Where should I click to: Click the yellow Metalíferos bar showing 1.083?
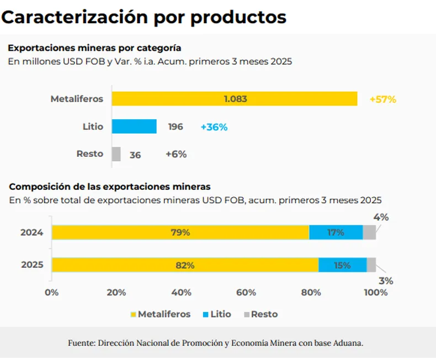(x=235, y=99)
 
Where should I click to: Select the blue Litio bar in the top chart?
(x=134, y=126)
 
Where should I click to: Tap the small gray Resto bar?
(x=116, y=154)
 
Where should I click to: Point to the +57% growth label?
(x=383, y=99)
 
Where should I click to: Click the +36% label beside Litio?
(x=214, y=127)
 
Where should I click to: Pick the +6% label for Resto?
(x=176, y=155)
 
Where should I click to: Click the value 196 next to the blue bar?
(x=175, y=127)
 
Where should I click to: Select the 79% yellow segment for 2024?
(x=180, y=232)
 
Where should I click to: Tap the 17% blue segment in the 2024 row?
(x=336, y=232)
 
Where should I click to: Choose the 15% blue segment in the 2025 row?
(x=342, y=265)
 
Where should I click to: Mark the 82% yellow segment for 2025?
(x=185, y=265)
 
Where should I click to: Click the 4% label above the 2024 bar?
(x=381, y=218)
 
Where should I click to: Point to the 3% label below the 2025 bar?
(x=386, y=280)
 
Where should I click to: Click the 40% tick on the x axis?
(x=182, y=293)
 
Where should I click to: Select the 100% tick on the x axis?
(x=376, y=293)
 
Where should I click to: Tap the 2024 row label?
(x=32, y=232)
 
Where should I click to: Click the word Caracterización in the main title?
(x=75, y=17)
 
